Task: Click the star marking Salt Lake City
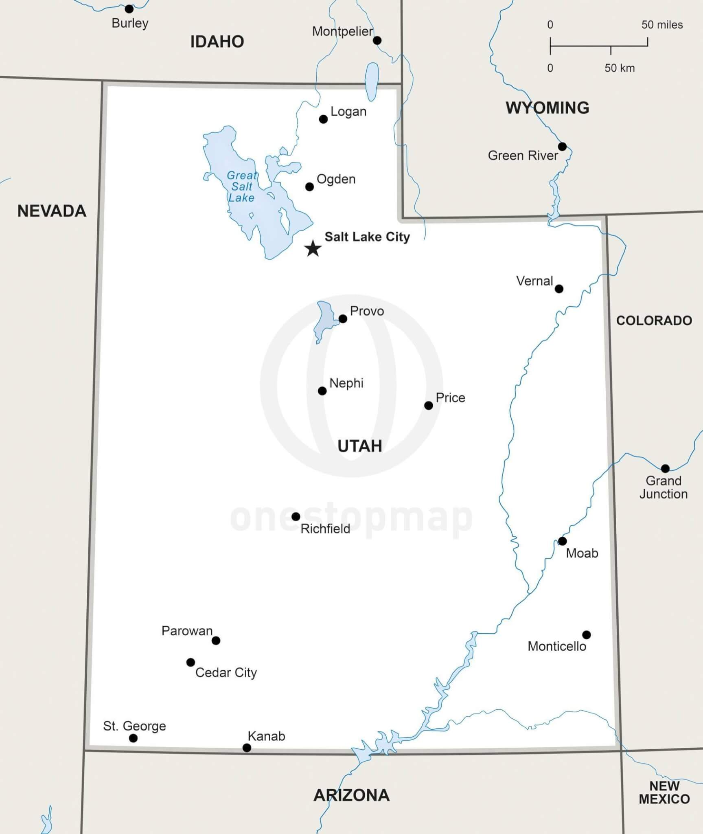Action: point(313,248)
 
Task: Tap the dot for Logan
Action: point(323,119)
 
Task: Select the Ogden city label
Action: point(336,179)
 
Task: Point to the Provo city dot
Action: point(343,319)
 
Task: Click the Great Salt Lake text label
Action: point(241,187)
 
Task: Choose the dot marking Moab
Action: point(562,541)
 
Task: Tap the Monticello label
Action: point(556,646)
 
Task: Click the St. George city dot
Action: point(133,738)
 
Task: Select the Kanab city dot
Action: point(247,748)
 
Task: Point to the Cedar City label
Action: point(226,672)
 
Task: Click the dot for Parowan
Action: point(216,641)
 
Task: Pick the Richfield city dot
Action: point(296,516)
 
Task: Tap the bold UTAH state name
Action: point(359,446)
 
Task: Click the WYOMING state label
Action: point(547,108)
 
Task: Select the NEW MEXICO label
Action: point(664,792)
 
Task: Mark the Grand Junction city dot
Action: point(665,468)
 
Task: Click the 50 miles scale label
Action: point(662,25)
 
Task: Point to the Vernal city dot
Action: point(559,289)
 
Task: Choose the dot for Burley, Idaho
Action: point(129,9)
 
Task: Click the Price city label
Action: point(450,398)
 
